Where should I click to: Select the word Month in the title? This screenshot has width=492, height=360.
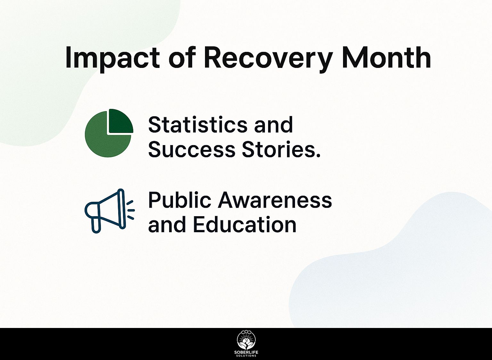386,57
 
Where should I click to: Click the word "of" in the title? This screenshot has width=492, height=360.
182,57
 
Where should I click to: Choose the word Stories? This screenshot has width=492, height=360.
279,149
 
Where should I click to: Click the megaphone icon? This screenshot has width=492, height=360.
109,211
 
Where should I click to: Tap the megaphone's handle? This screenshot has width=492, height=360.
96,225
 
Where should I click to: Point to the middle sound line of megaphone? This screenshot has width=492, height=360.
131,210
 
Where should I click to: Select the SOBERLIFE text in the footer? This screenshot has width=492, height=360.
246,352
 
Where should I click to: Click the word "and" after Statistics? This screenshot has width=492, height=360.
273,125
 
